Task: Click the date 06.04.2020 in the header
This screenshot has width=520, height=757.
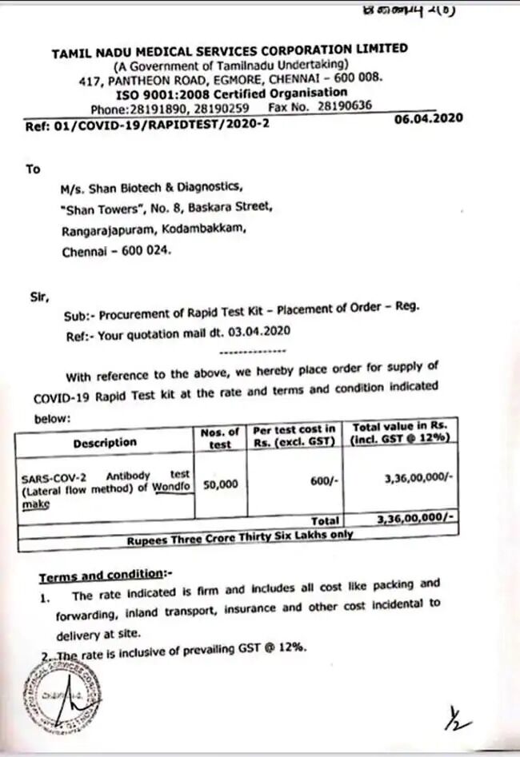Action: click(429, 118)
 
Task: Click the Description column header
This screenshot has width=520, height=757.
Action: click(105, 442)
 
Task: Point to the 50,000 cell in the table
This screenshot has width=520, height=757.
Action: click(220, 484)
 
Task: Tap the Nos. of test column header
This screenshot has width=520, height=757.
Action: click(219, 438)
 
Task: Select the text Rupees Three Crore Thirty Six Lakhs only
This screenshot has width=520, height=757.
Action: click(239, 537)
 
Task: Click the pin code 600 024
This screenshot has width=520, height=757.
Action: click(145, 250)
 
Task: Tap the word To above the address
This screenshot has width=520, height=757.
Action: click(33, 169)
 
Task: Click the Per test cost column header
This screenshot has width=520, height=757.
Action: click(295, 435)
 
